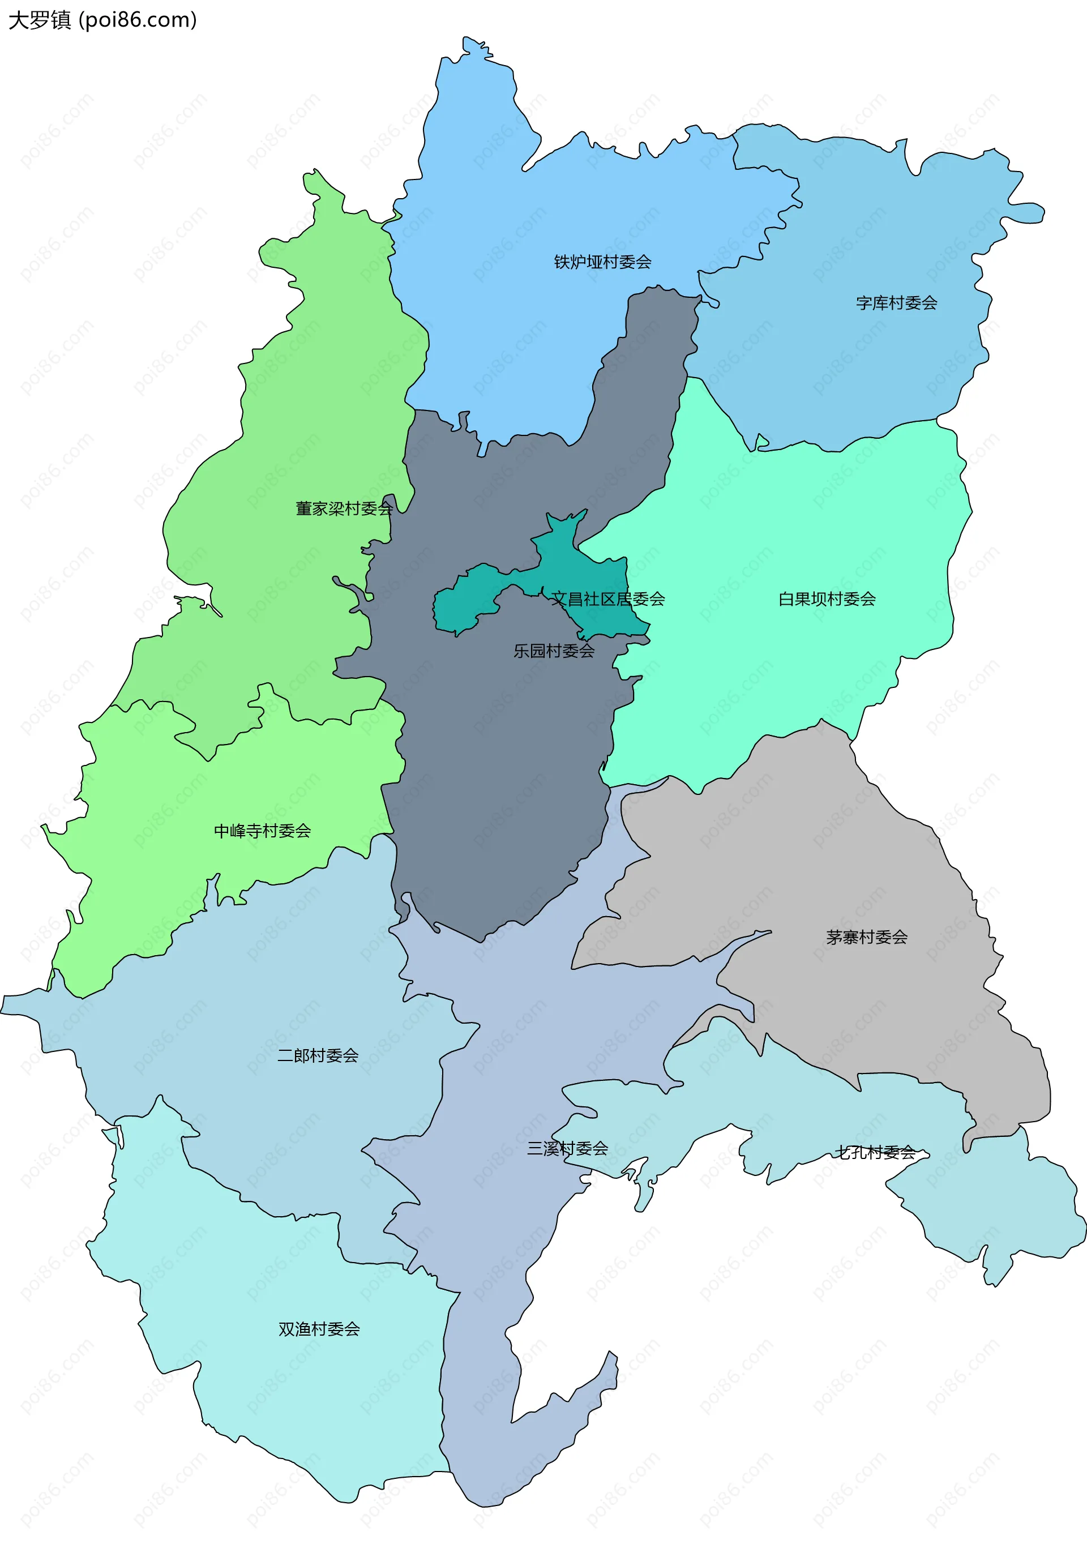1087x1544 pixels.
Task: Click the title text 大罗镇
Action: [x=39, y=20]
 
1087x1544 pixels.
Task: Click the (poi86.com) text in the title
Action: [x=138, y=20]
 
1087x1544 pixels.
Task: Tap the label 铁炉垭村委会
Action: [x=602, y=262]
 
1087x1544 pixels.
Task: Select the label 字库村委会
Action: [x=896, y=303]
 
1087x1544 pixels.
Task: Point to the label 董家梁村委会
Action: [x=344, y=509]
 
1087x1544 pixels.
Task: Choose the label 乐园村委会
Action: [x=553, y=651]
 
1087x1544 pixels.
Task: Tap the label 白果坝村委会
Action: [x=826, y=599]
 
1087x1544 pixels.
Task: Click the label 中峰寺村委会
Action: [x=262, y=831]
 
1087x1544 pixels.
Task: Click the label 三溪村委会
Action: [x=567, y=1149]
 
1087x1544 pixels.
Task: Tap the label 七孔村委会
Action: [x=875, y=1153]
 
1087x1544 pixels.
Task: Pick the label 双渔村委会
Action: [x=319, y=1329]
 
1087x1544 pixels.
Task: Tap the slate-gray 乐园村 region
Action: [x=504, y=773]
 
